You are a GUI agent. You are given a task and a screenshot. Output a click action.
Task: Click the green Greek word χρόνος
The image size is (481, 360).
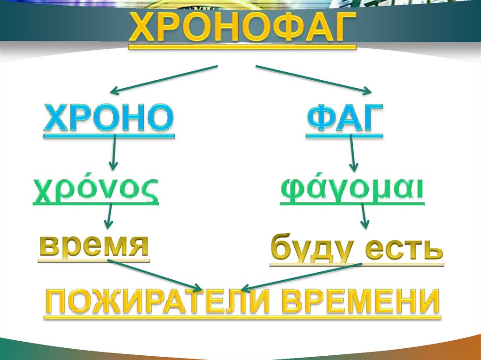click(96, 190)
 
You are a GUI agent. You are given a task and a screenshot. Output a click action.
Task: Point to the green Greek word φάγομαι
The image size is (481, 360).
click(352, 190)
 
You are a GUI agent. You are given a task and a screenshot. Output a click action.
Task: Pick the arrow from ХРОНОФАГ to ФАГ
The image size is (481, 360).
click(314, 78)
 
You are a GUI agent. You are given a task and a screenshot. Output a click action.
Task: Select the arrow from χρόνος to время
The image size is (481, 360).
click(109, 217)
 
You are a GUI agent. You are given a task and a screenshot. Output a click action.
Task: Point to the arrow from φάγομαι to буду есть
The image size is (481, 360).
click(364, 217)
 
